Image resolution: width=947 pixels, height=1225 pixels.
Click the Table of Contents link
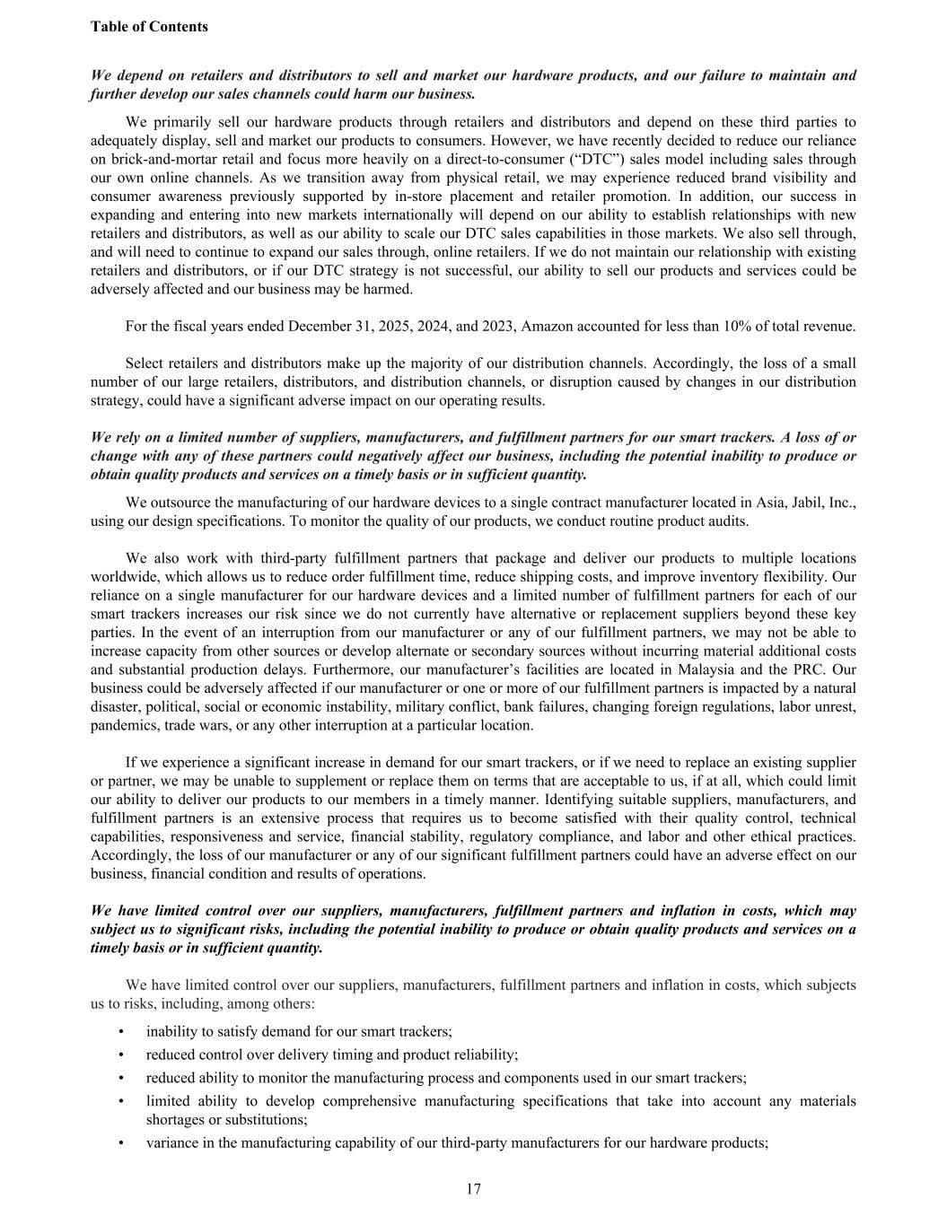[x=149, y=27]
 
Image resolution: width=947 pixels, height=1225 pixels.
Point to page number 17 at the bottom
[x=473, y=1190]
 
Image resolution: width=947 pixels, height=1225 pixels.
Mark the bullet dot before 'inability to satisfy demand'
[x=121, y=1032]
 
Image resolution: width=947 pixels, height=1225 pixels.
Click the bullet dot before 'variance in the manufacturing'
[x=121, y=1143]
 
